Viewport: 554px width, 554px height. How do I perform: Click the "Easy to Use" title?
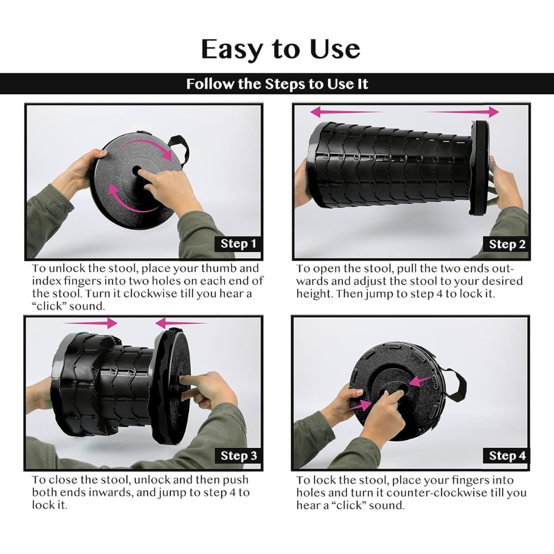point(281,49)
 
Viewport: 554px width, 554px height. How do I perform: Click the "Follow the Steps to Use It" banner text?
point(277,84)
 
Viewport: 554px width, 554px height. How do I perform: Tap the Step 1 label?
point(238,244)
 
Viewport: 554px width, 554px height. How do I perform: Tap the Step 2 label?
point(507,244)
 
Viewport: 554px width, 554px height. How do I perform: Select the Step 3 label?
point(239,456)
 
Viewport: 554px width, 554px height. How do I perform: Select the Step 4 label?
point(507,456)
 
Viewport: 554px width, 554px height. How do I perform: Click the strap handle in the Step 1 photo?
point(180,148)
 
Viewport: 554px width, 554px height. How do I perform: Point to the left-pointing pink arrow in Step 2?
point(347,112)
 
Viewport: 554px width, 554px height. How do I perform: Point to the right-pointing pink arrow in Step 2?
point(462,112)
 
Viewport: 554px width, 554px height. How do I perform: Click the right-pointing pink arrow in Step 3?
point(90,323)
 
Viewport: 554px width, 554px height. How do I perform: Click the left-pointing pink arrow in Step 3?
point(181,323)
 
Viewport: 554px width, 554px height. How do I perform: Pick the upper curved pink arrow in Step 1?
point(150,145)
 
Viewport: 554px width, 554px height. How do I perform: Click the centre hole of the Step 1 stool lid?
point(136,170)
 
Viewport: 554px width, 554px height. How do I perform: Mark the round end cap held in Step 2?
point(479,168)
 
